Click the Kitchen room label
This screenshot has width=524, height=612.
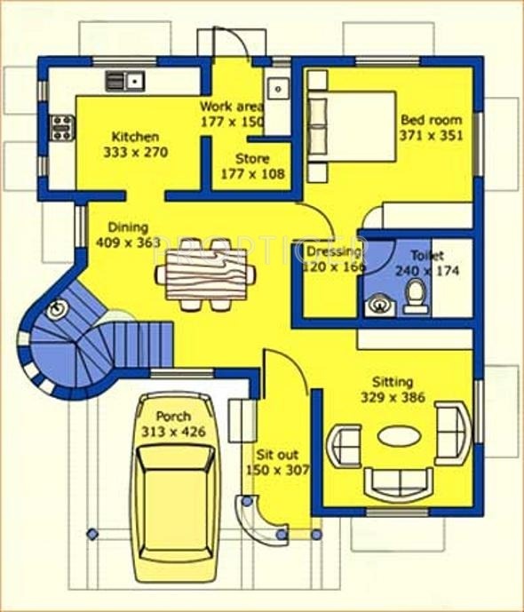click(x=135, y=137)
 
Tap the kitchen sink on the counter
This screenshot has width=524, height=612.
click(x=125, y=82)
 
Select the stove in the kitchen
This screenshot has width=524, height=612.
click(x=61, y=127)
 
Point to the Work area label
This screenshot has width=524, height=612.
click(x=232, y=106)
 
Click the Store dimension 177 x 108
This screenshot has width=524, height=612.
click(x=253, y=174)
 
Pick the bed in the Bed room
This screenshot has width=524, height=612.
click(x=350, y=124)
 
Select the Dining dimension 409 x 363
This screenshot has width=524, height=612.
click(x=128, y=242)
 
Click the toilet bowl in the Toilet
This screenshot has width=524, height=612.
click(x=415, y=295)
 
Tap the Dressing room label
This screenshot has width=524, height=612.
click(x=332, y=251)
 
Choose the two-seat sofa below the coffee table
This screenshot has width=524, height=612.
click(x=399, y=482)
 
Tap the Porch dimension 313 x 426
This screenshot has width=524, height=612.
click(x=172, y=432)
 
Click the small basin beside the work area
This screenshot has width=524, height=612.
click(x=278, y=89)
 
